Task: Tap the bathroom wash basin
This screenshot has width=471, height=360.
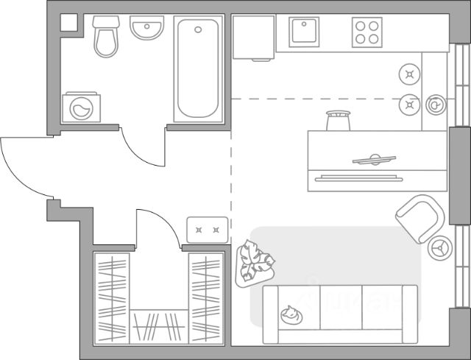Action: tap(147, 30)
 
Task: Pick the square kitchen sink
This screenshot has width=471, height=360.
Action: tap(303, 32)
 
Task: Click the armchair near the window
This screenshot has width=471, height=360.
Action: tap(420, 216)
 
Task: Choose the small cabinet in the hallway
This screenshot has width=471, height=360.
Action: tap(206, 230)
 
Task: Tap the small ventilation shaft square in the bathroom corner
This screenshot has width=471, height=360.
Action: tap(68, 21)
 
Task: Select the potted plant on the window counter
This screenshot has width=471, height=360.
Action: tap(435, 106)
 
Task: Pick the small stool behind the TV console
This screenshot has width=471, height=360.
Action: tap(338, 120)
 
